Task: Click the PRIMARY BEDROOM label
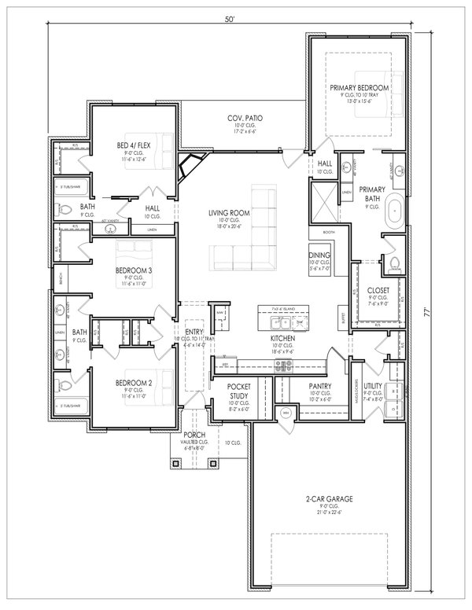(x=359, y=86)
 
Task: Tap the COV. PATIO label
(x=247, y=118)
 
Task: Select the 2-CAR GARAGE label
(x=329, y=498)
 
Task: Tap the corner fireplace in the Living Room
(x=190, y=168)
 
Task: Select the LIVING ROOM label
(x=230, y=213)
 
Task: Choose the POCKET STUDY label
(x=238, y=391)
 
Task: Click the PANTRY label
(x=319, y=386)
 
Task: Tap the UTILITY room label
(x=373, y=386)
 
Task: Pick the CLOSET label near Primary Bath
(x=378, y=290)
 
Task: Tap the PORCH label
(x=194, y=435)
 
